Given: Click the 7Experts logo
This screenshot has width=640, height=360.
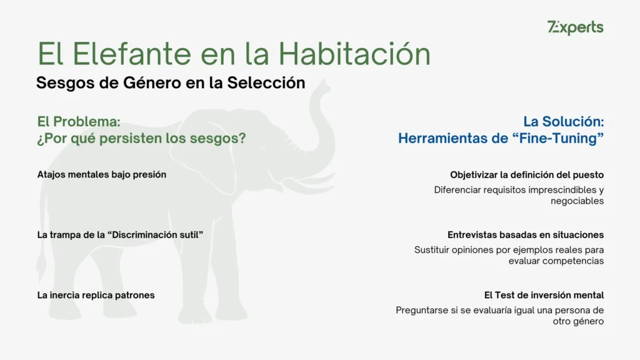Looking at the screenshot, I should [x=575, y=27].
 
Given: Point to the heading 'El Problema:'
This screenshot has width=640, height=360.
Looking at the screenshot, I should [x=78, y=121].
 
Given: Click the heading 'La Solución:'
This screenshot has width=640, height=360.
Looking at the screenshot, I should [x=563, y=121].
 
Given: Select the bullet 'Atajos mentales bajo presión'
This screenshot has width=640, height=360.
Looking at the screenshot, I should [x=101, y=174].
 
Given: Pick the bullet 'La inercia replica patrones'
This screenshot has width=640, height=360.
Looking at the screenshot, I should [x=96, y=295].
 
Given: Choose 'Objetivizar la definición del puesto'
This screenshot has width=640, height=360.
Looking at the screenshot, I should [x=526, y=175].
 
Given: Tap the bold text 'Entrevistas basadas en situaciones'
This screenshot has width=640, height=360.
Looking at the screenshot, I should [x=525, y=235].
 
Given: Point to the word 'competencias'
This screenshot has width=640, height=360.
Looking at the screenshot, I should [x=573, y=261].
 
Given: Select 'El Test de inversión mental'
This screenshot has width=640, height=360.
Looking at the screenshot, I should [x=544, y=295].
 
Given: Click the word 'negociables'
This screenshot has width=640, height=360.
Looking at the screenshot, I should [x=577, y=201].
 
